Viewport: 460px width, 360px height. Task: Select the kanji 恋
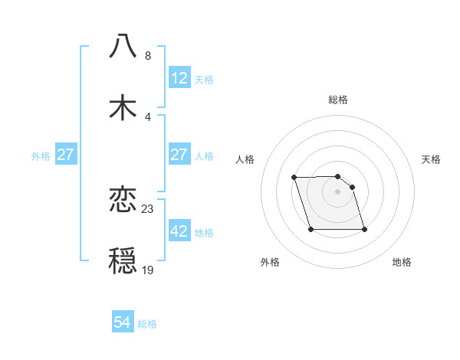pyautogui.click(x=123, y=200)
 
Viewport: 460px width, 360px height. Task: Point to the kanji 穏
pyautogui.click(x=123, y=261)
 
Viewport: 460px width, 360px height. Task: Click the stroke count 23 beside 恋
pyautogui.click(x=149, y=209)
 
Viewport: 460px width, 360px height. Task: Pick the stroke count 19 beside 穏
pyautogui.click(x=148, y=270)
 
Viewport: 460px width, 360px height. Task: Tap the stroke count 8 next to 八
pyautogui.click(x=148, y=55)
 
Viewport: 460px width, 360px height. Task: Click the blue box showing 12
pyautogui.click(x=179, y=78)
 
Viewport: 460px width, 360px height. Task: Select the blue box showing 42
pyautogui.click(x=179, y=232)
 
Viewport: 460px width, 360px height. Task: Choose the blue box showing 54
pyautogui.click(x=123, y=323)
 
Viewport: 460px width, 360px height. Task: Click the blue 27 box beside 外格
pyautogui.click(x=66, y=155)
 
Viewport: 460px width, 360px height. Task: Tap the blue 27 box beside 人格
pyautogui.click(x=179, y=155)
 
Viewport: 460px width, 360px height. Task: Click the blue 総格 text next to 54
pyautogui.click(x=148, y=324)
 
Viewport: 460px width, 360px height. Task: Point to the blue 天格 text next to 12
pyautogui.click(x=204, y=79)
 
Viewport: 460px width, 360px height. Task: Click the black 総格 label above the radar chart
pyautogui.click(x=338, y=100)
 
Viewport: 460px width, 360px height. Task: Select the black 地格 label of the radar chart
pyautogui.click(x=402, y=262)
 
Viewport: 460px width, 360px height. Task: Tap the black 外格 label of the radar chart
pyautogui.click(x=270, y=262)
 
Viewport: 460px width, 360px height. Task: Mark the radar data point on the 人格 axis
pyautogui.click(x=294, y=178)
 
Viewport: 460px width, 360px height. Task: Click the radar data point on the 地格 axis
pyautogui.click(x=364, y=229)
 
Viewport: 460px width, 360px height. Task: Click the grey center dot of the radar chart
pyautogui.click(x=338, y=191)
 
